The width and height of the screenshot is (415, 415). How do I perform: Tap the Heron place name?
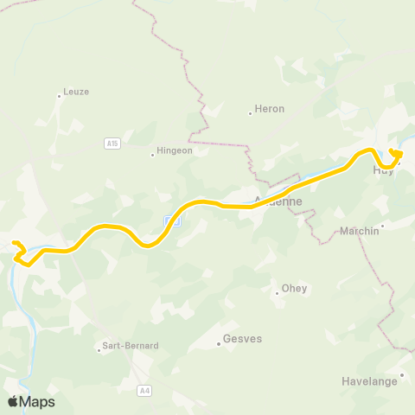click(267, 110)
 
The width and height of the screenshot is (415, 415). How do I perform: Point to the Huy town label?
click(383, 170)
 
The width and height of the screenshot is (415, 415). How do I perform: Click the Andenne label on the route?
click(278, 202)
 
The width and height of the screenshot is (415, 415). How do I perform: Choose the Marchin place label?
click(360, 231)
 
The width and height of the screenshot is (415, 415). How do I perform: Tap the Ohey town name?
click(295, 289)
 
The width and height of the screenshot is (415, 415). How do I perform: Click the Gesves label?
click(242, 340)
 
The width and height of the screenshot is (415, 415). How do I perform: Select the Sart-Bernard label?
click(130, 346)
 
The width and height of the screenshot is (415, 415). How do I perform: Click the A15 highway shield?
click(112, 143)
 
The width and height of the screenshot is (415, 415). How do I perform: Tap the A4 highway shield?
click(144, 391)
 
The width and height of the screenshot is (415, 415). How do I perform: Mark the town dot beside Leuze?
click(60, 96)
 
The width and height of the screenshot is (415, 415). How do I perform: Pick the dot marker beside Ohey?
click(277, 293)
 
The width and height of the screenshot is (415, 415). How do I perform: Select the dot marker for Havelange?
click(402, 374)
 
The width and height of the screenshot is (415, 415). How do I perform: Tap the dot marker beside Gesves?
click(219, 344)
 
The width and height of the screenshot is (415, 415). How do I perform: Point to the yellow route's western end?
click(15, 243)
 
